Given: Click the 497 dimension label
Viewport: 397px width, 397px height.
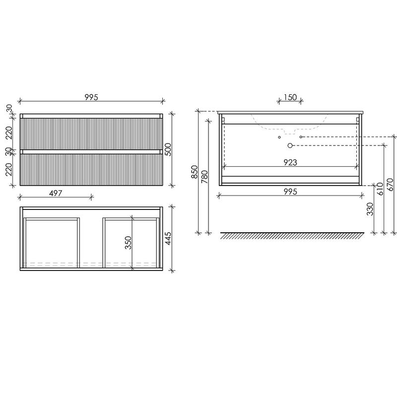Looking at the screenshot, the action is click(x=56, y=193).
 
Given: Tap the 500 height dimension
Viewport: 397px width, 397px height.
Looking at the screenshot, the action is click(x=168, y=149).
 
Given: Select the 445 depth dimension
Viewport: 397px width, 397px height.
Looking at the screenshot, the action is click(x=168, y=239).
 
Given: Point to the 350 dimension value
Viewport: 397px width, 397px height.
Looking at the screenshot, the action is click(x=128, y=243).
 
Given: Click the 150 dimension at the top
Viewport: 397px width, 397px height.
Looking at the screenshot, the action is click(x=290, y=97).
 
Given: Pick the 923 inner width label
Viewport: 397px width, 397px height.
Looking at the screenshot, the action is click(x=290, y=162).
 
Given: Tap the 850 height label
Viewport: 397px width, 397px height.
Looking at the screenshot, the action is click(x=194, y=172).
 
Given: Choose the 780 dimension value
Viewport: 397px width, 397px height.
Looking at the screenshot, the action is click(x=204, y=177).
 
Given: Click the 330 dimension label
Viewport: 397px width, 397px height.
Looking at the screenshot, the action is click(x=370, y=209).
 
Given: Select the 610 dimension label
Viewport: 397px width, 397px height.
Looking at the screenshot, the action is click(x=380, y=189).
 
